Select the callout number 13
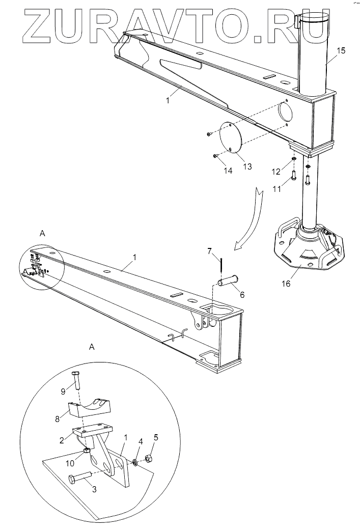247,166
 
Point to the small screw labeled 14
216,155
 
